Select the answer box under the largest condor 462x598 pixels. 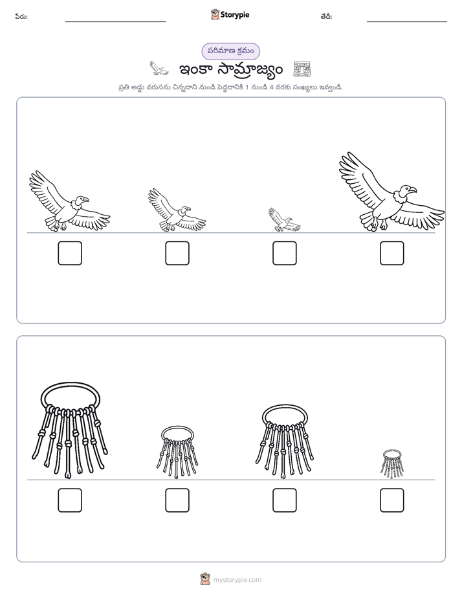coord(391,253)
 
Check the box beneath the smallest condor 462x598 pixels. coord(284,253)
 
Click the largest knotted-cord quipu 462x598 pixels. coord(70,430)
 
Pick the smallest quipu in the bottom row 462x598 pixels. coord(392,463)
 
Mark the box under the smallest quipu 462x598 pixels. coord(391,500)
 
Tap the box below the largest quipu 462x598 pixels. coord(70,500)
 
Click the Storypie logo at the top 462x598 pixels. coord(230,14)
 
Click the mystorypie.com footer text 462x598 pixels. coord(237,580)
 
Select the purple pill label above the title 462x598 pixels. coord(230,51)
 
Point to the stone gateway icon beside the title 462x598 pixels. coord(302,69)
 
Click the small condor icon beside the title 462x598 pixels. coord(159,68)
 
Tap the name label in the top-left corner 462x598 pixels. coord(21,16)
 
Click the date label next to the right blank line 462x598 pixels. coord(326,16)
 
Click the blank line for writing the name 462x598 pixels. coord(115,22)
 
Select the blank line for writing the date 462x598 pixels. coord(407,22)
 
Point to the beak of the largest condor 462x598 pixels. coord(413,190)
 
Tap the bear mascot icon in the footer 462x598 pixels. coord(205,579)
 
